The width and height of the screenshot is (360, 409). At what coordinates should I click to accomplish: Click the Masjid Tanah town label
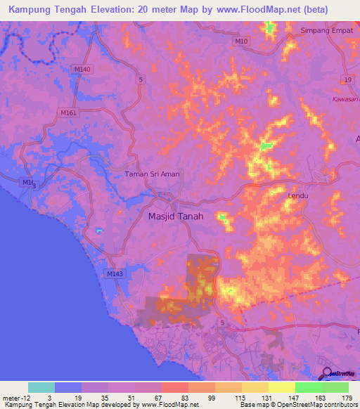175,216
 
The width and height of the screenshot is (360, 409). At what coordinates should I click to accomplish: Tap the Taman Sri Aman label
153,174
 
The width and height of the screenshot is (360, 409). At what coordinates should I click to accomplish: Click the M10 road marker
242,42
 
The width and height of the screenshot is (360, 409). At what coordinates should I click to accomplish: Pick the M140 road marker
82,69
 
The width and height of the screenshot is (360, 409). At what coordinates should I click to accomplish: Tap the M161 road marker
68,112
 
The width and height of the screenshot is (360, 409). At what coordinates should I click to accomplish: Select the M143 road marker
114,273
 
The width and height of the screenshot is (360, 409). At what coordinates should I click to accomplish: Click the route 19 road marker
347,82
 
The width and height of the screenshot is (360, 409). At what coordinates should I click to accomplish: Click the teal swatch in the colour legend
41,387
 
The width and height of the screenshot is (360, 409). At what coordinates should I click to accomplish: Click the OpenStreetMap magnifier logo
326,374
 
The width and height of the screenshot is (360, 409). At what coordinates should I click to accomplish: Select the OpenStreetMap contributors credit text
312,405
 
